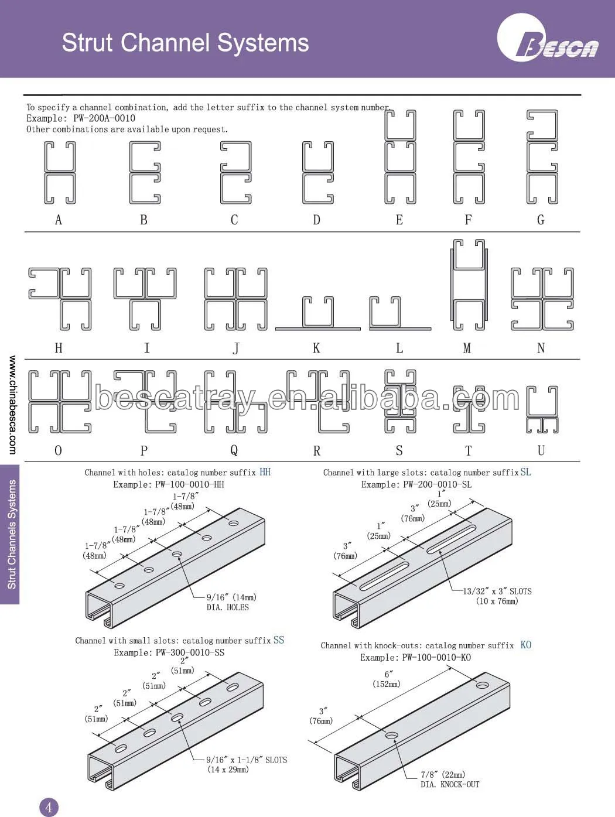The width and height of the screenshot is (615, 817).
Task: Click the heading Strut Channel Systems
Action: tap(185, 43)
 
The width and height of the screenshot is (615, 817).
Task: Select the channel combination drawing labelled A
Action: tap(60, 173)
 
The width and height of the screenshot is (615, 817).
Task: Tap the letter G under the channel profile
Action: tap(541, 220)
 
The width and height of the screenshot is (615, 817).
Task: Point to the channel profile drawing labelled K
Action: tap(318, 313)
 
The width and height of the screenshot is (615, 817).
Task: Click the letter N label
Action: tap(541, 348)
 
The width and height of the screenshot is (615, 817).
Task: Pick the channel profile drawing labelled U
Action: tap(542, 409)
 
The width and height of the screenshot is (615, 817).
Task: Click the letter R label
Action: tap(317, 451)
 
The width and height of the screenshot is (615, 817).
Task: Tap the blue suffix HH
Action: tap(265, 472)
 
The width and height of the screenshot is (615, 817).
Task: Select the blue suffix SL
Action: tap(525, 472)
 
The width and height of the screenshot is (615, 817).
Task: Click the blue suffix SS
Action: tap(279, 640)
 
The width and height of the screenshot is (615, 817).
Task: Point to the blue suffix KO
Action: tap(525, 645)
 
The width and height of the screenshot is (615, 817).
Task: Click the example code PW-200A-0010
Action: tap(104, 118)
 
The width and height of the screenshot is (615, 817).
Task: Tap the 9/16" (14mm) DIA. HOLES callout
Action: tap(231, 602)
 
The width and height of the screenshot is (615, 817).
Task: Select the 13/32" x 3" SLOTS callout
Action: tap(497, 596)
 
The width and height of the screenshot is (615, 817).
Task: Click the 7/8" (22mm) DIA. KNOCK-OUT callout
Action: tap(449, 780)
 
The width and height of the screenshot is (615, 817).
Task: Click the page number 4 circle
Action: tap(49, 807)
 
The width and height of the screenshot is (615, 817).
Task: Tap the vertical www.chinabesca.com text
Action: tap(12, 405)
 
